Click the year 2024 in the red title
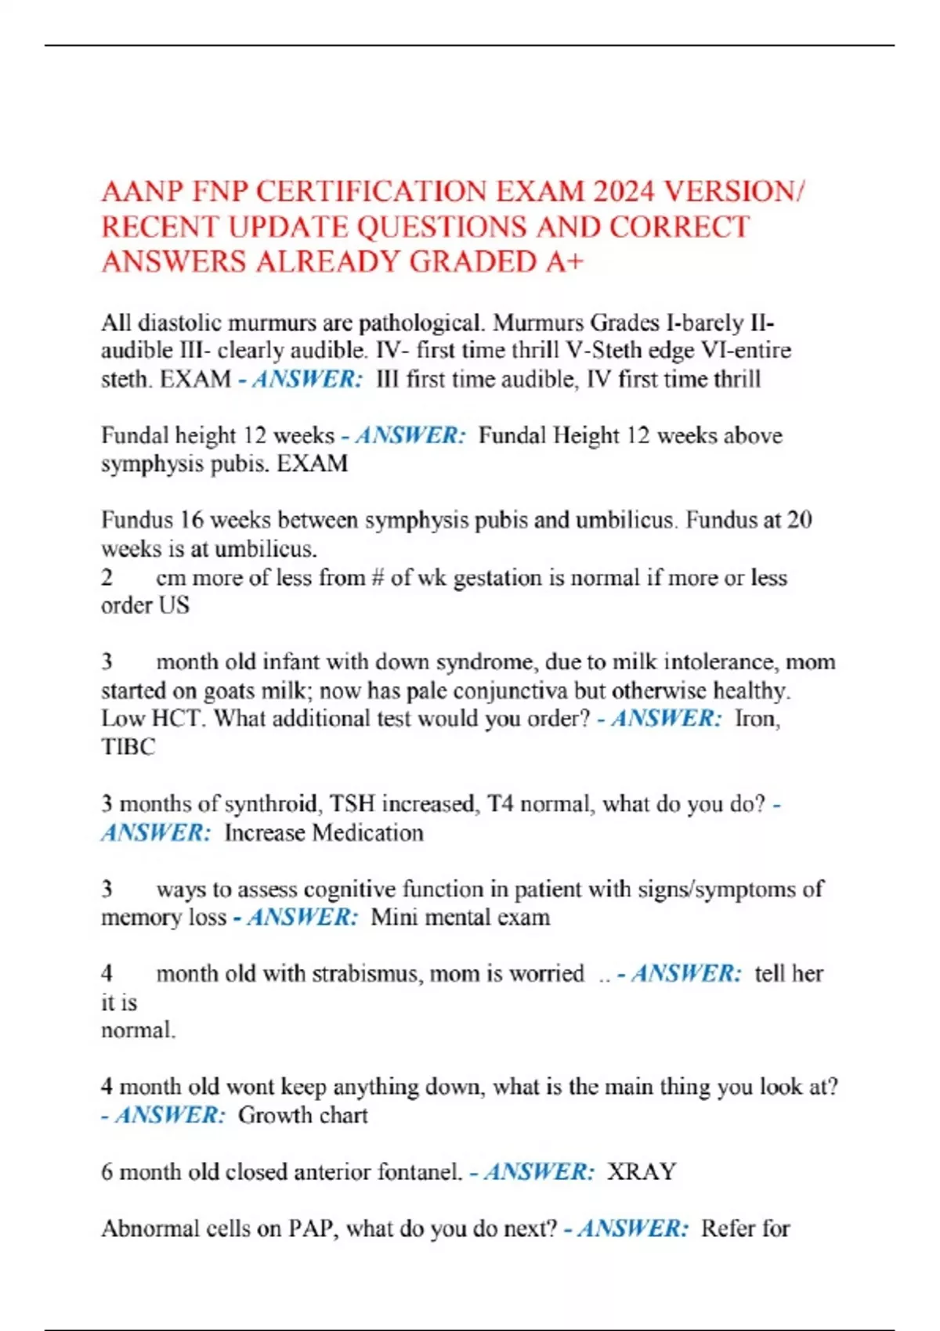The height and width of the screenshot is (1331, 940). [623, 192]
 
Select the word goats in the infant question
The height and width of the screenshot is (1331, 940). [230, 691]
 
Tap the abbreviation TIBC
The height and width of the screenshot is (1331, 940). [128, 747]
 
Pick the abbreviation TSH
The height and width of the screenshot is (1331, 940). [352, 804]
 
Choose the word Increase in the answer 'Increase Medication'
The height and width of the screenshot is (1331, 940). [265, 832]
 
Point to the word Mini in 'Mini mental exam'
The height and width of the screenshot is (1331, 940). [394, 917]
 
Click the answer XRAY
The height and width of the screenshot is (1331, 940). [642, 1172]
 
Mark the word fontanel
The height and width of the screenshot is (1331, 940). [420, 1172]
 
